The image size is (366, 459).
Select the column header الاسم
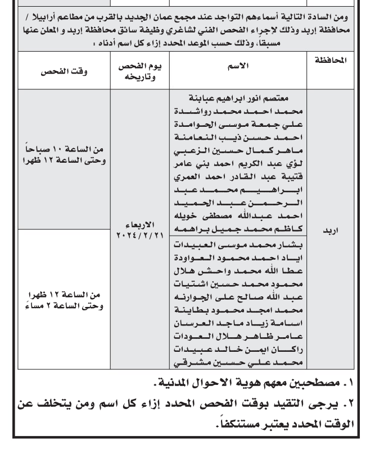pos(240,66)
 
